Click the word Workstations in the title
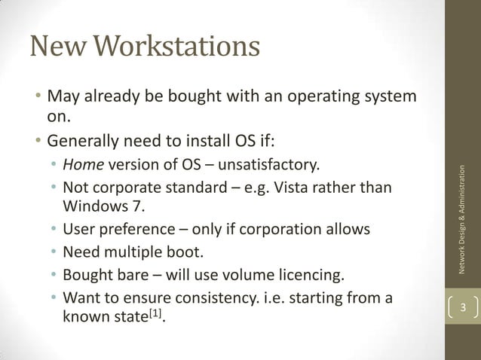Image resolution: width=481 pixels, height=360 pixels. (179, 47)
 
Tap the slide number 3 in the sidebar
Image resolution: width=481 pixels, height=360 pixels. (464, 308)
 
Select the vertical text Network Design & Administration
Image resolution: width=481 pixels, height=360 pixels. (464, 218)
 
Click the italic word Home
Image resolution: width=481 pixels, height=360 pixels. (83, 165)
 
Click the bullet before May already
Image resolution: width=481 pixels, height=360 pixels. (35, 99)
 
